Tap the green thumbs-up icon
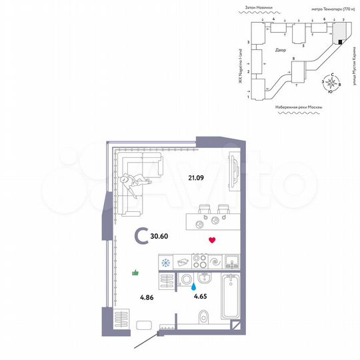(136, 272)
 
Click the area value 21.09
(195, 177)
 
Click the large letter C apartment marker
(141, 235)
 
